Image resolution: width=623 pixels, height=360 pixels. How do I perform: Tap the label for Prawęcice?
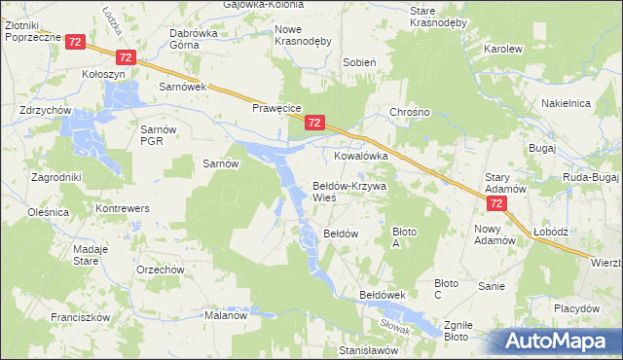(279, 108)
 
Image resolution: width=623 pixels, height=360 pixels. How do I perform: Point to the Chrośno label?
(409, 112)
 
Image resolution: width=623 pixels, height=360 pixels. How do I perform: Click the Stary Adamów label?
(505, 183)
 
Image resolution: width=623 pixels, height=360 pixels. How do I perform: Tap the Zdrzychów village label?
(45, 111)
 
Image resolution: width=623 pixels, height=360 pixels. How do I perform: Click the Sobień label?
(359, 61)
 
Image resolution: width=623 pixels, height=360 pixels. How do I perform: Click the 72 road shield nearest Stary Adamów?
(496, 203)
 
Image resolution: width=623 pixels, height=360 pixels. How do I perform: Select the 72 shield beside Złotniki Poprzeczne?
(76, 42)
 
